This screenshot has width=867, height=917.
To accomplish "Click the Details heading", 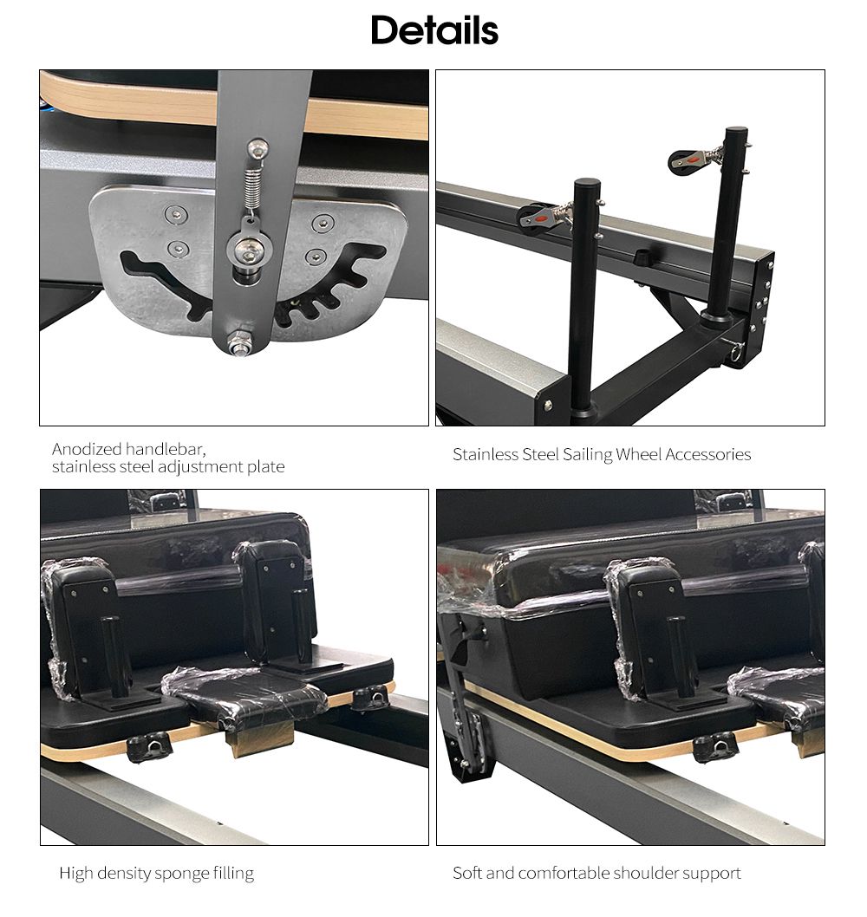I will tap(434, 31).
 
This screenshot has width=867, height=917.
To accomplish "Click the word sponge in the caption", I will tap(180, 873).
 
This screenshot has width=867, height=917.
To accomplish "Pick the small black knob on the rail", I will tap(642, 257).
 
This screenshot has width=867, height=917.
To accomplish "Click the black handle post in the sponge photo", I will tap(111, 656).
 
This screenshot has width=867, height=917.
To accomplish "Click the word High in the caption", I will tap(75, 873).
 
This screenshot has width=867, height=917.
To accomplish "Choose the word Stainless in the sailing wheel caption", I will tap(485, 454).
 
